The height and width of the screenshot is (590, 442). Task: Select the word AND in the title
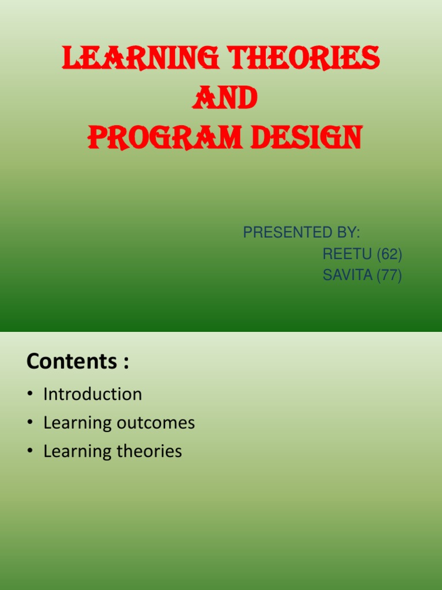224,99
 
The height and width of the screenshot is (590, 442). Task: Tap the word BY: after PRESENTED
344,233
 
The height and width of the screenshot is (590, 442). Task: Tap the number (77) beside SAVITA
389,275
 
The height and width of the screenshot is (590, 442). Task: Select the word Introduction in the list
93,394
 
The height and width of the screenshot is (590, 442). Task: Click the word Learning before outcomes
77,423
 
